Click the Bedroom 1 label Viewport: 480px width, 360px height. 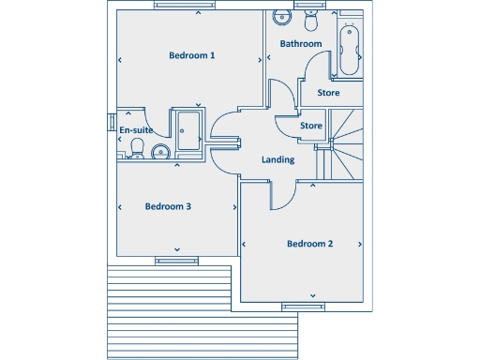coord(192,55)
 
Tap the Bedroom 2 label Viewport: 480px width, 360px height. coord(309,244)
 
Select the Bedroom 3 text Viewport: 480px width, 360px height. coord(168,206)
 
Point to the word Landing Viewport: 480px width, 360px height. coord(278,159)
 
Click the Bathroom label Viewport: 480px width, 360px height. coord(301,44)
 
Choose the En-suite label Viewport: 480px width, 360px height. coord(136,130)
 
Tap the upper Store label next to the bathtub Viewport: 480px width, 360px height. coord(328,93)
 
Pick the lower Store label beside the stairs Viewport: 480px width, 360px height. coord(311,126)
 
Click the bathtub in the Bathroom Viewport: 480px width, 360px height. coord(350,49)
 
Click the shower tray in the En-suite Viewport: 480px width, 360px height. coord(187,128)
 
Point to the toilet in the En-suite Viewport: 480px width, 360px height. coord(137,148)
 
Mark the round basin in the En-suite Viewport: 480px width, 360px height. coord(159,152)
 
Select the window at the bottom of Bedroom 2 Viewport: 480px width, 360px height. coord(301,306)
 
